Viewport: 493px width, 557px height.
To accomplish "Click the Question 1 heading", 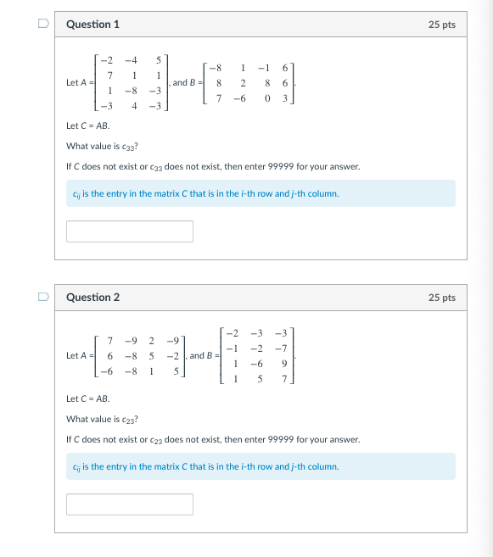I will tap(92, 25).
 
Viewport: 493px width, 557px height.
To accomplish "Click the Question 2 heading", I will tap(92, 298).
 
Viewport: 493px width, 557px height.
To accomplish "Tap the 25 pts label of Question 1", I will tap(442, 25).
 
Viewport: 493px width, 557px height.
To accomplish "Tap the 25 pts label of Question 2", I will tap(442, 298).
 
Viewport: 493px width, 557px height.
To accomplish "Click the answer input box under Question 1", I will tap(130, 231).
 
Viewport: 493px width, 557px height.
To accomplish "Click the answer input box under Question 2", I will tap(130, 504).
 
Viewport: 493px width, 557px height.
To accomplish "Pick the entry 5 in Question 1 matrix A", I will tap(158, 60).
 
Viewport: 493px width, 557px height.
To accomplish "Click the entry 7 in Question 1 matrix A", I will tap(110, 75).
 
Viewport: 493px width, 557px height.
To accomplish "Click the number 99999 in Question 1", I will tap(255, 166).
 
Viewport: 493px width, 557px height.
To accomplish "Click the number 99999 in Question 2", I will tap(255, 439).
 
